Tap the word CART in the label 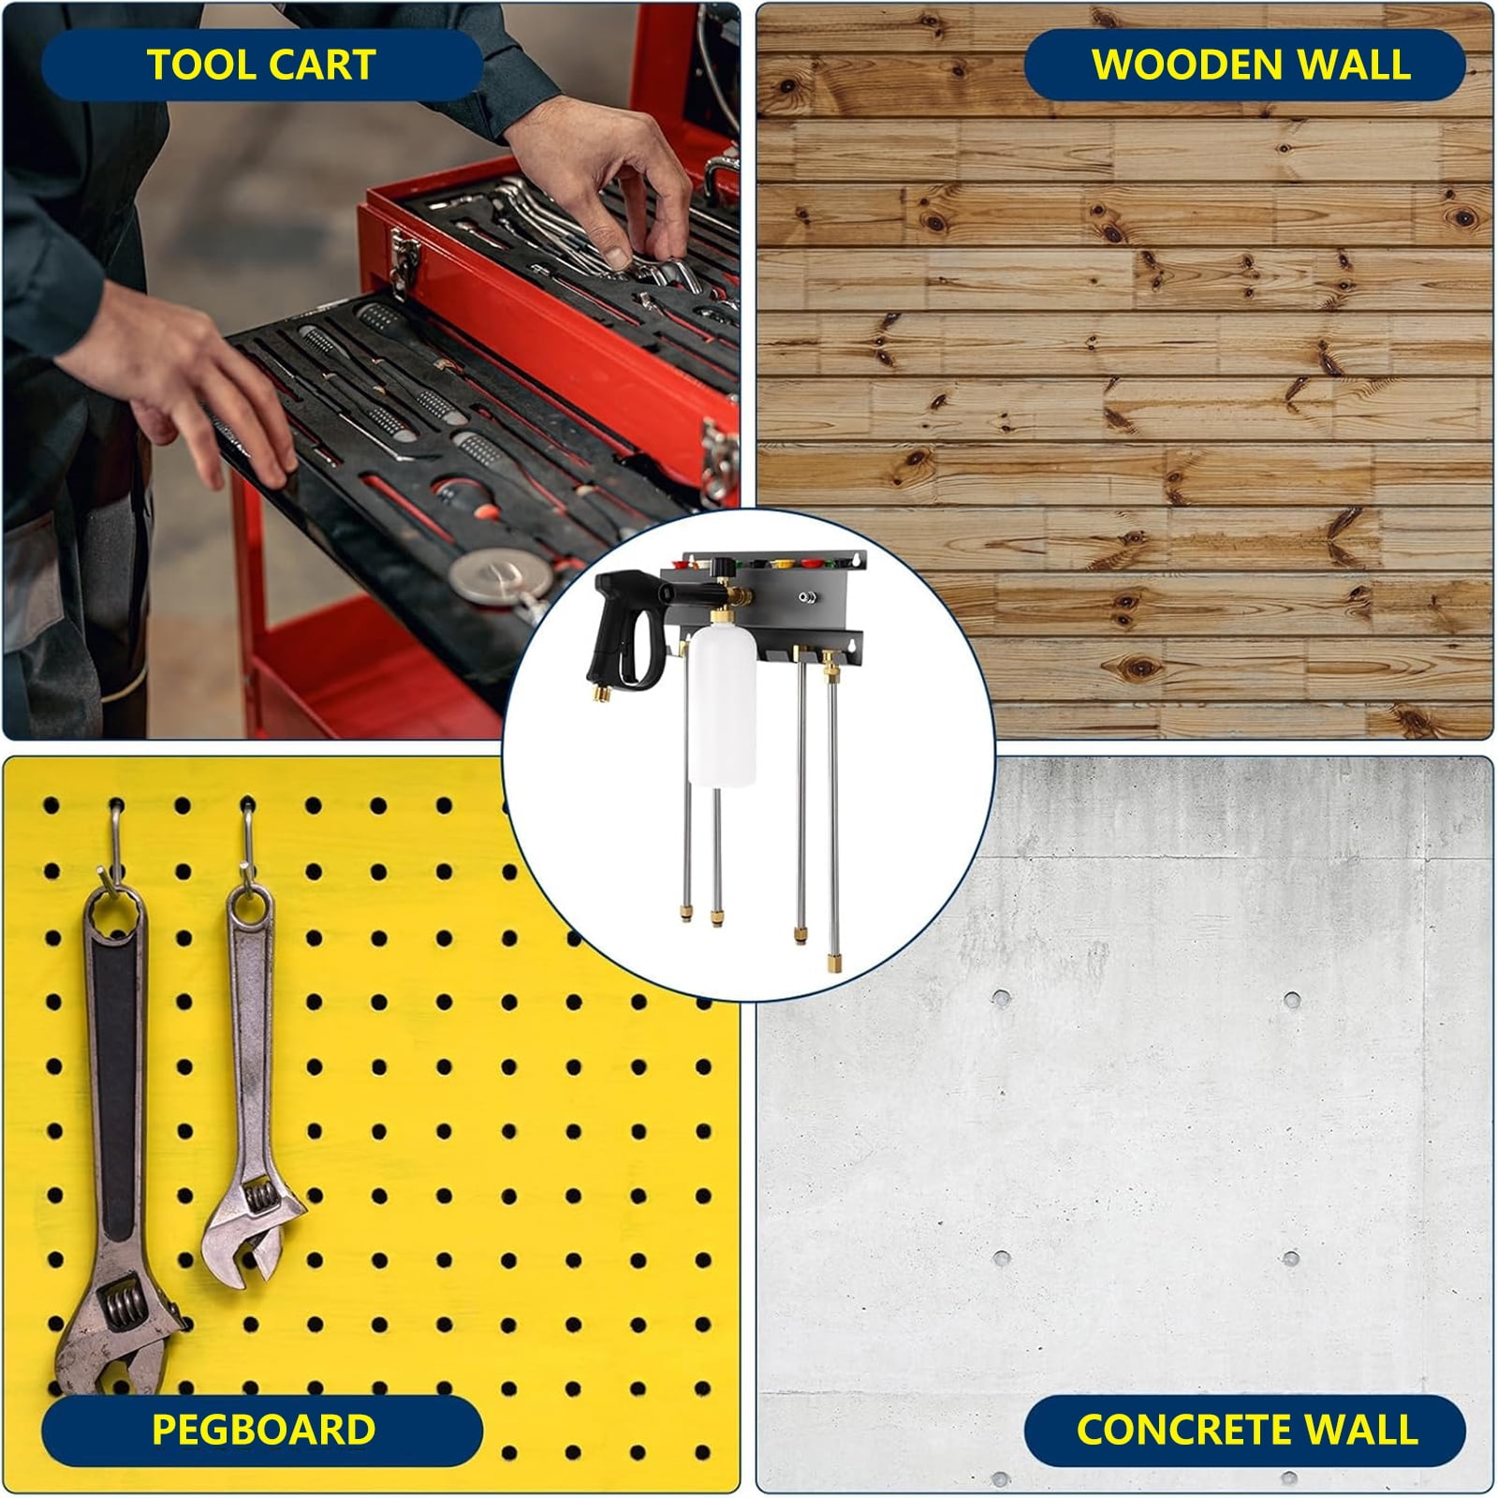[324, 65]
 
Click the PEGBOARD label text [263, 1430]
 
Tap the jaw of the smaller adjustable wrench [253, 1226]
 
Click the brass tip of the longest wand [830, 962]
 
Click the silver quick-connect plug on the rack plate [805, 596]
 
